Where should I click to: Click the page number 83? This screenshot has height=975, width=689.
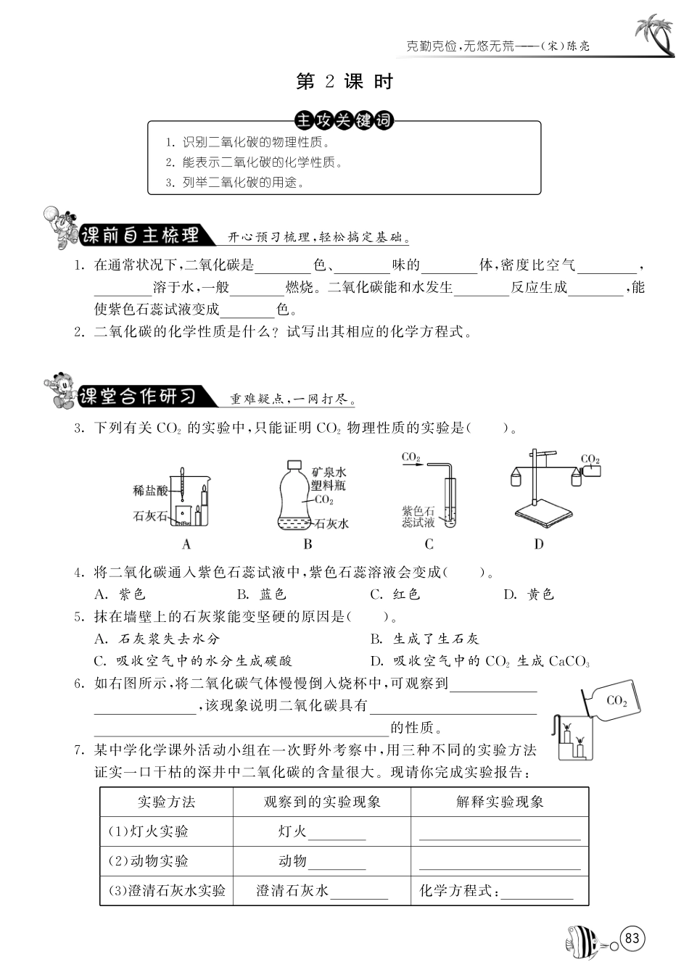tap(632, 938)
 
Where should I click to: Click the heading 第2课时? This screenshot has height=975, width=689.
tap(344, 82)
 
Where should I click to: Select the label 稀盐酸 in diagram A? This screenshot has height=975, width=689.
tap(150, 491)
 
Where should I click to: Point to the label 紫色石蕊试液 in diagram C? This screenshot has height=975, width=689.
tap(418, 517)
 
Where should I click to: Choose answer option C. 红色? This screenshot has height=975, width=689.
tap(395, 594)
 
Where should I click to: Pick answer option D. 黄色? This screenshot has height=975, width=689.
tap(529, 594)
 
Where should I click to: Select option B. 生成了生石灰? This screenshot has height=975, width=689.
tap(424, 639)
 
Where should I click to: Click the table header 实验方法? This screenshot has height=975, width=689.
tap(166, 802)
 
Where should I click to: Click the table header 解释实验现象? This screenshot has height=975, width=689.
tap(500, 802)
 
